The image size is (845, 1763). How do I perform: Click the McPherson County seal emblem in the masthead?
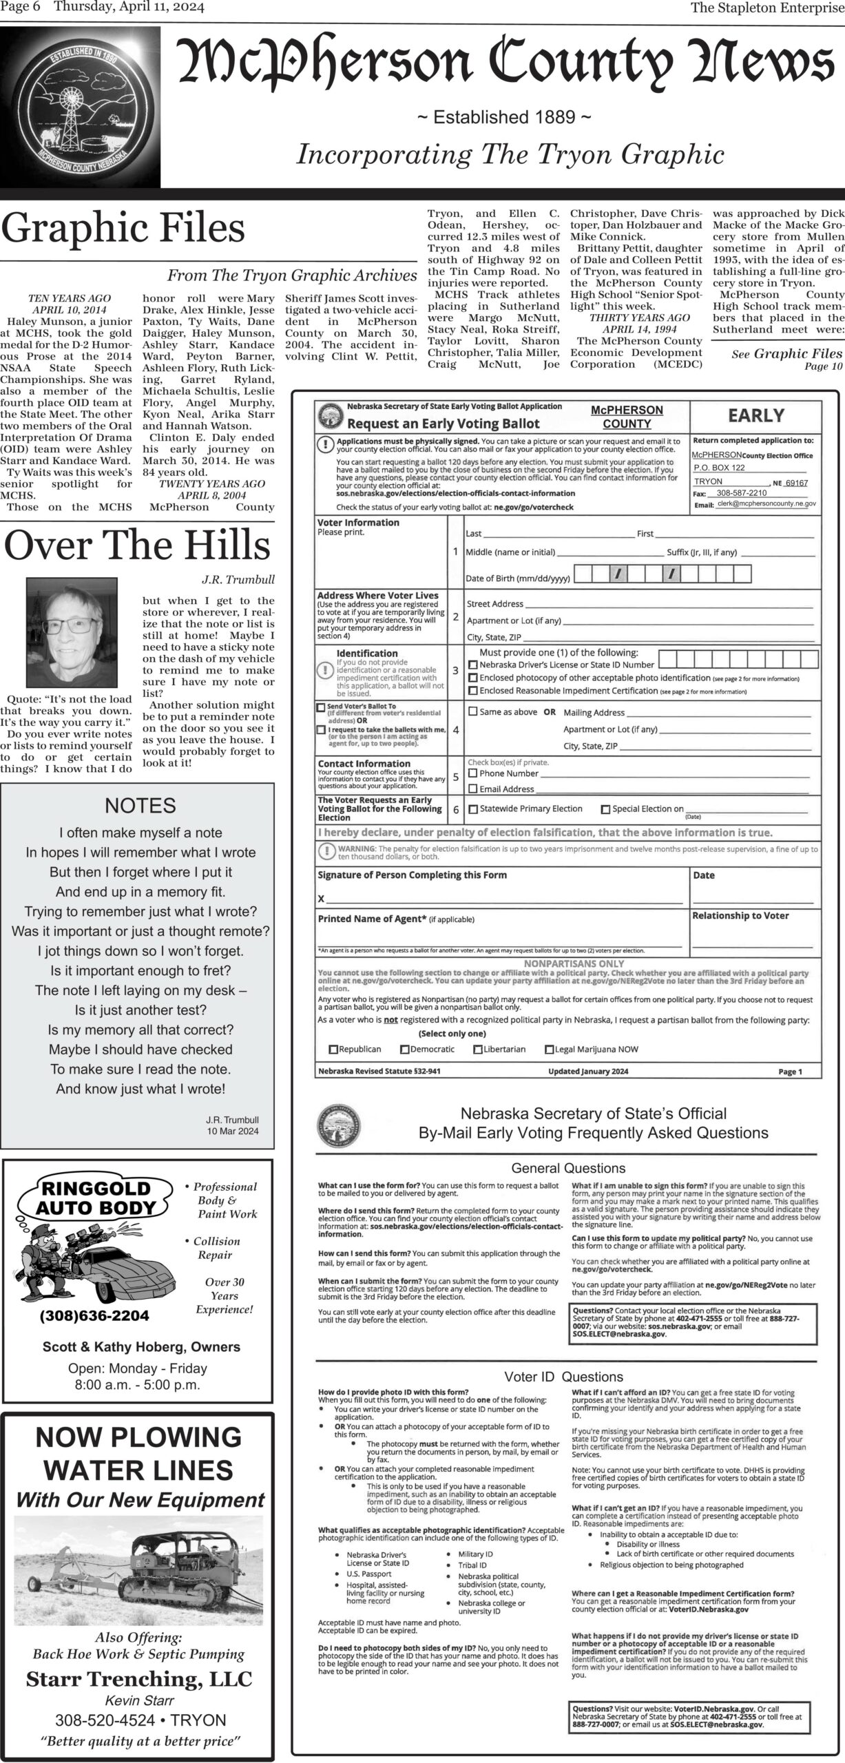point(81,107)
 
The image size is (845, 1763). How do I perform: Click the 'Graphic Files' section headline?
point(123,228)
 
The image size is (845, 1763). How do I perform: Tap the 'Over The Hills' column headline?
point(137,545)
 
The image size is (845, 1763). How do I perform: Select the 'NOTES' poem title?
point(140,805)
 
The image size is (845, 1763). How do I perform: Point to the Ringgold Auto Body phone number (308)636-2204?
point(94,1315)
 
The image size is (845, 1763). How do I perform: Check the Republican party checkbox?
point(334,1050)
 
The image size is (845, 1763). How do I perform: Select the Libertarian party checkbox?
point(478,1050)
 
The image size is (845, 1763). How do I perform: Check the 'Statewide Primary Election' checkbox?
point(473,809)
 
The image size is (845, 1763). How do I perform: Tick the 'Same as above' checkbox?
point(473,711)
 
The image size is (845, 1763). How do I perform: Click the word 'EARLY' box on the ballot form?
point(756,415)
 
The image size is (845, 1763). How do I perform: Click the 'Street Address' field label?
point(494,604)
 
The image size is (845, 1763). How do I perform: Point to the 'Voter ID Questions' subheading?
point(563,1377)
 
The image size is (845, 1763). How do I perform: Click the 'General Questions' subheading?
point(568,1168)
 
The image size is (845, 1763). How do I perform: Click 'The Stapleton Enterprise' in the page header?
point(766,8)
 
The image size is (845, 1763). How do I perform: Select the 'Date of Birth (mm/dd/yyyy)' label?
point(517,578)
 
